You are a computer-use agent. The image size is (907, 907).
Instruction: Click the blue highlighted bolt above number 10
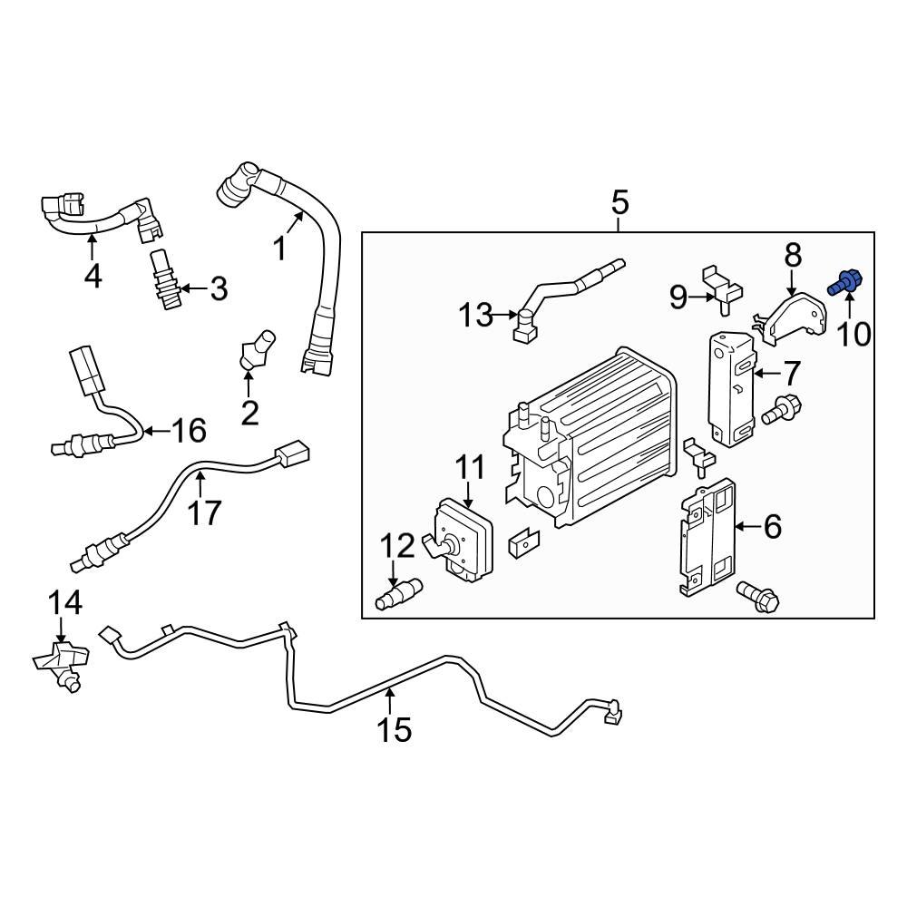[845, 284]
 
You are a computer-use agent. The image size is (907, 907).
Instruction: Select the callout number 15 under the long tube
[395, 728]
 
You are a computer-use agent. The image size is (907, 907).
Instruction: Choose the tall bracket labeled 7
[731, 387]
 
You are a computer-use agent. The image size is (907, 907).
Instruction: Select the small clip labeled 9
[722, 285]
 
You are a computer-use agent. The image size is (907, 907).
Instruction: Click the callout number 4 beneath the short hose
[93, 274]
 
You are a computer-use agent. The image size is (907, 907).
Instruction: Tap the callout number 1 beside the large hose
[280, 247]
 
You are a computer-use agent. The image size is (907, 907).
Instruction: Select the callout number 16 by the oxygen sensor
[190, 430]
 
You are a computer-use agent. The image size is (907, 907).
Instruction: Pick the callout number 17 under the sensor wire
[205, 512]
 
